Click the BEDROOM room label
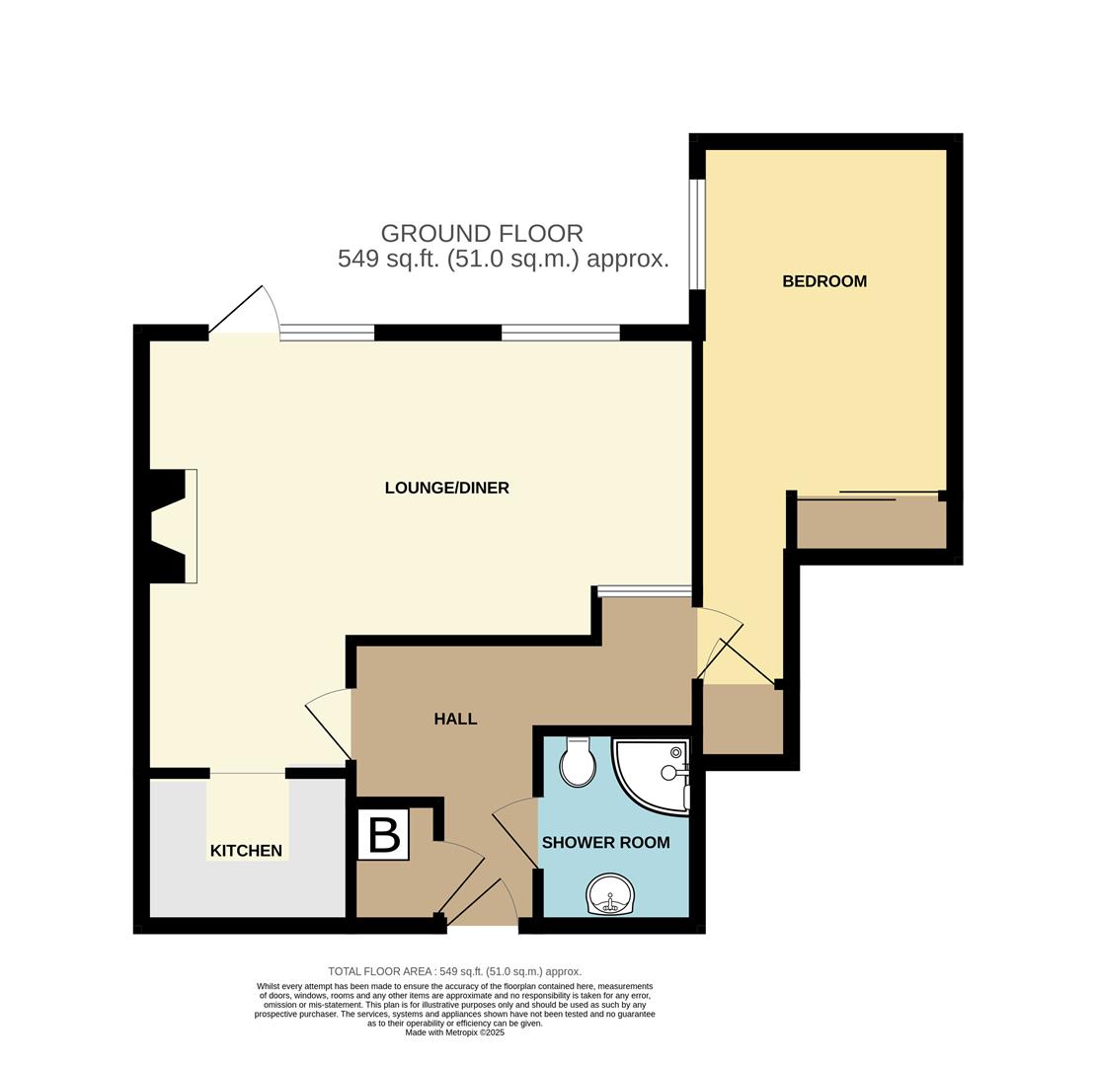click(823, 281)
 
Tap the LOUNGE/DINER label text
click(446, 488)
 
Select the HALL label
click(455, 720)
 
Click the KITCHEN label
click(246, 851)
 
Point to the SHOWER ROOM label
click(605, 843)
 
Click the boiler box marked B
click(383, 835)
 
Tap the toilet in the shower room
click(577, 763)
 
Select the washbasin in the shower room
click(610, 894)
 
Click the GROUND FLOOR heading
click(482, 234)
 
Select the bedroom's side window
click(697, 234)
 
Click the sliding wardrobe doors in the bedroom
click(869, 495)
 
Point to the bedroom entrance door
click(722, 647)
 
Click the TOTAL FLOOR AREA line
click(454, 971)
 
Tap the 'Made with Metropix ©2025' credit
click(454, 1032)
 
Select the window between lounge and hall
click(644, 591)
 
